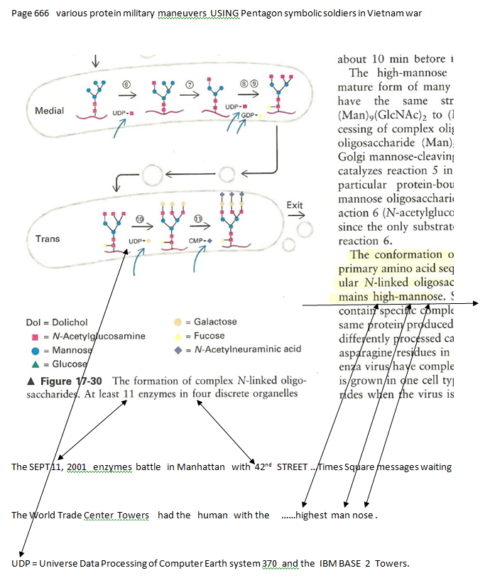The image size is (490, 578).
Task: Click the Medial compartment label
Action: [49, 111]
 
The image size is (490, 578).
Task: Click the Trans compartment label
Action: [48, 239]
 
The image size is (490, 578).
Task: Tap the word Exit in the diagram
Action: [295, 205]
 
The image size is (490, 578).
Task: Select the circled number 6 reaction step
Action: [126, 84]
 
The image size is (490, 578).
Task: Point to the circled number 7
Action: [190, 84]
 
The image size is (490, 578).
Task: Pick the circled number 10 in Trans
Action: [140, 221]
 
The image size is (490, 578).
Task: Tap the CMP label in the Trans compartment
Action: [197, 241]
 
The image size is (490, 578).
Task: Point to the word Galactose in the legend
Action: [215, 322]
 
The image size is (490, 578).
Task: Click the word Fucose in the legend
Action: [209, 336]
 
